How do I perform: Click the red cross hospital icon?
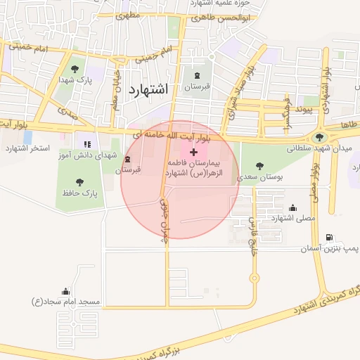194,153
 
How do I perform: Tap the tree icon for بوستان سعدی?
259,166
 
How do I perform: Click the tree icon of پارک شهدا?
75,68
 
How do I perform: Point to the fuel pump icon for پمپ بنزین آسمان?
354,238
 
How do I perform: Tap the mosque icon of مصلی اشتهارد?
292,207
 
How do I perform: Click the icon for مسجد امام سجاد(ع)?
65,291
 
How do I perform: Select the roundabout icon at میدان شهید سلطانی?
321,138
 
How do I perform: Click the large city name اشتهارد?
149,89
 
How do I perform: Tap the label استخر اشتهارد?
26,148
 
